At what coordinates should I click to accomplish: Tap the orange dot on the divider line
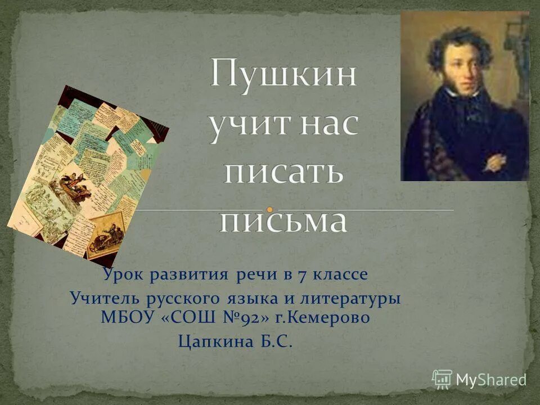(x=270, y=210)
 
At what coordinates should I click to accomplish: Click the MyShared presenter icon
(x=442, y=379)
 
